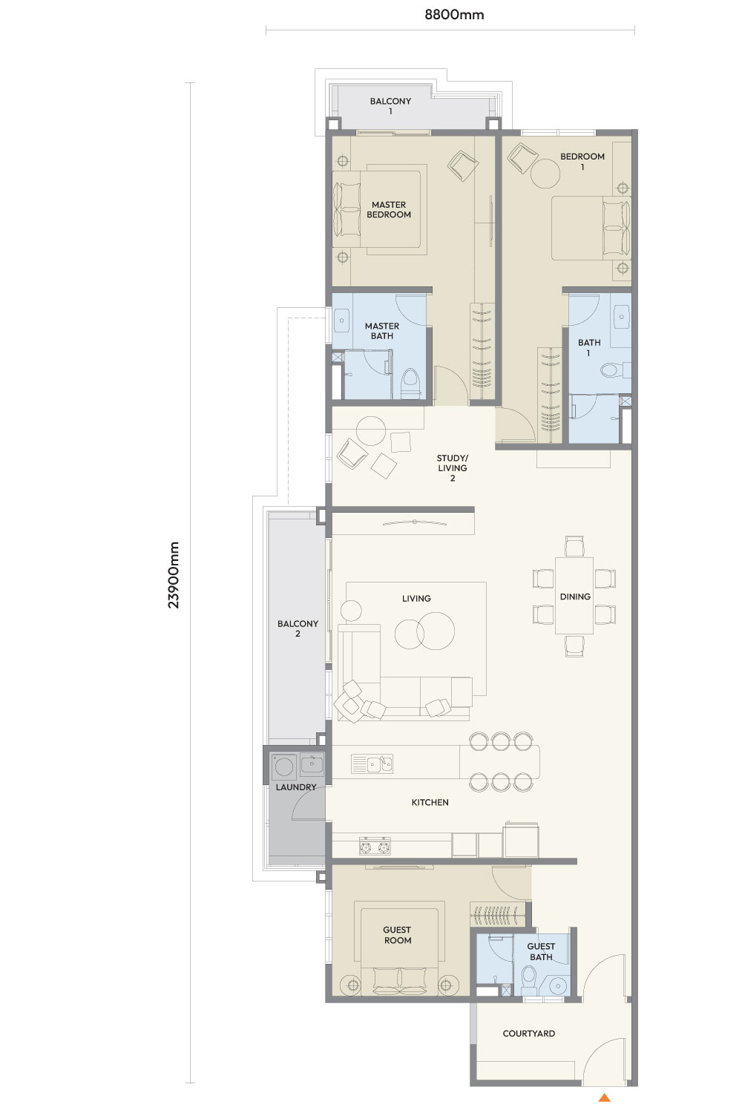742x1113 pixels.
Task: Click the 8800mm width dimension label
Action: (454, 14)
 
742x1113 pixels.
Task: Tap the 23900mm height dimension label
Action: (173, 574)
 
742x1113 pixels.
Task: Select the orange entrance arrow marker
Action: (604, 1097)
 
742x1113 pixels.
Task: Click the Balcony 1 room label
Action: (390, 106)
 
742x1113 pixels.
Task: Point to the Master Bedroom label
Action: (389, 209)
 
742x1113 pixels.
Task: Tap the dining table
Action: (574, 596)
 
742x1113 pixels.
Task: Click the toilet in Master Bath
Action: (411, 384)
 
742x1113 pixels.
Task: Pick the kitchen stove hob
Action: (375, 847)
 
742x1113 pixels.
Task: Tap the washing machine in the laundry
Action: (283, 766)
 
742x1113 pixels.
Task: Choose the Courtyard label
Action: (528, 1034)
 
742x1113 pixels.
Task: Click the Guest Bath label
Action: (541, 951)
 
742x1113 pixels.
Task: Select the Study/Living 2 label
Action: (453, 467)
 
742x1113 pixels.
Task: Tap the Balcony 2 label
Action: (298, 628)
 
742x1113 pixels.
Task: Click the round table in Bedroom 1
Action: (545, 174)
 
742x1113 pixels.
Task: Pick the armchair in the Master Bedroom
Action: (463, 165)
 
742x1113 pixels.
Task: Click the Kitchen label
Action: (430, 802)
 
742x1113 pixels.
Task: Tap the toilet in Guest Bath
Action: (528, 977)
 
